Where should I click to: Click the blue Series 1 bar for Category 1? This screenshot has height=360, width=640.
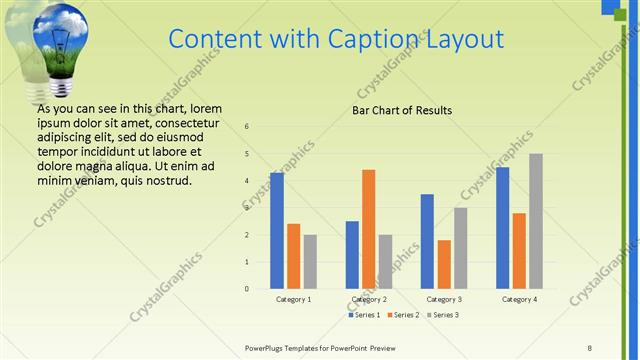point(277,231)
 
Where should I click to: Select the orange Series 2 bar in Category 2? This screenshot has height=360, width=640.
point(368,229)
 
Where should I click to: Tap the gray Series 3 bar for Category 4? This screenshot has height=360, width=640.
point(536,221)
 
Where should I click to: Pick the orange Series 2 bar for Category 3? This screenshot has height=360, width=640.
point(444,264)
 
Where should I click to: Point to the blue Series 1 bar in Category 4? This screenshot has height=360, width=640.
point(502,228)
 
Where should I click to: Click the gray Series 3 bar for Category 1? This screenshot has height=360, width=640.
point(310,262)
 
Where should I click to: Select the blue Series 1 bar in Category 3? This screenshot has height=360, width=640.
point(427,241)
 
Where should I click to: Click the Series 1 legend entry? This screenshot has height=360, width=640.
point(364,315)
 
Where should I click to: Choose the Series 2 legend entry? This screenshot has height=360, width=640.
point(402,315)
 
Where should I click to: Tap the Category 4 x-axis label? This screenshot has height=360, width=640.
point(519,299)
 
